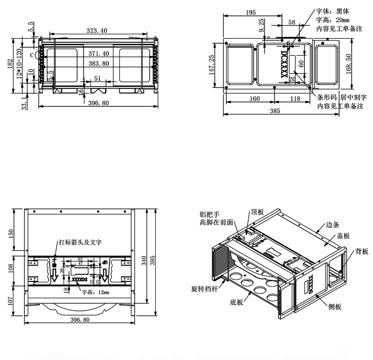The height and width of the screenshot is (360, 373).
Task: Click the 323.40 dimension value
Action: [97, 31]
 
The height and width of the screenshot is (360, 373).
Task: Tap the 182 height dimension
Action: [10, 64]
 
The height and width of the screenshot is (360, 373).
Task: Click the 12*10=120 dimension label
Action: [19, 64]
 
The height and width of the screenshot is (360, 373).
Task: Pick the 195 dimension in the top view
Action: [251, 12]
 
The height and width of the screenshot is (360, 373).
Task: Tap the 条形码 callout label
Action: [327, 98]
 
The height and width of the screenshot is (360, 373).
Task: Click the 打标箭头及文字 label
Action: [80, 243]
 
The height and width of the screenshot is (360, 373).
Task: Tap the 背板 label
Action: [362, 252]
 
